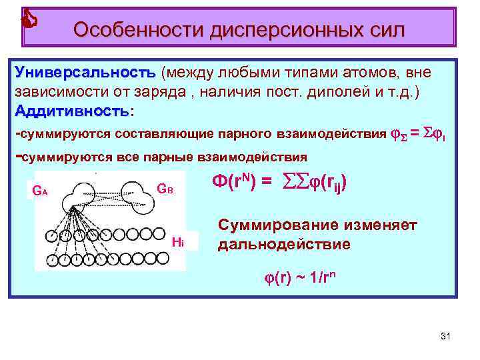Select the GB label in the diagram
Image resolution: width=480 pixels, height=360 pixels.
tap(165, 189)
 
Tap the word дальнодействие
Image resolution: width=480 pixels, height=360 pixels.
tap(283, 244)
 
